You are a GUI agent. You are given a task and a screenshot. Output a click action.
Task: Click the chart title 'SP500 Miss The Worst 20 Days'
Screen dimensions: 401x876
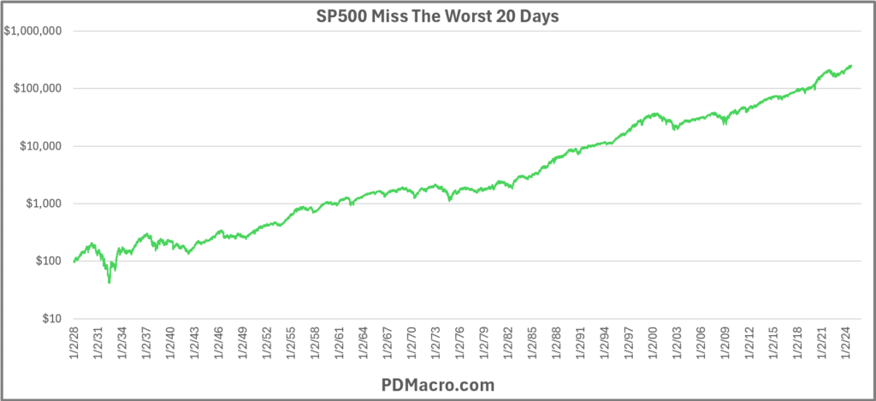click(437, 15)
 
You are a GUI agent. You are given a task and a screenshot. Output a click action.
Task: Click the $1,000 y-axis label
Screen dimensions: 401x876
click(45, 203)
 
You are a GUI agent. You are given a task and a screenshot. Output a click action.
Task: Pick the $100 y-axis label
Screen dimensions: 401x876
click(50, 261)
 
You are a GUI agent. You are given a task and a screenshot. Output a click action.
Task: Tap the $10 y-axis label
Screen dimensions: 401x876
click(53, 319)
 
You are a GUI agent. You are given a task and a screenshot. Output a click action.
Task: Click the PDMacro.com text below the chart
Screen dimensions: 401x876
click(438, 385)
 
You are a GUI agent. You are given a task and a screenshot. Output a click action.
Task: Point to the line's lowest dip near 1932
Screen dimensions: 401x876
click(109, 282)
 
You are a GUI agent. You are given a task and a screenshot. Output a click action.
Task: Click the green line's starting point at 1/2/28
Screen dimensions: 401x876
click(74, 261)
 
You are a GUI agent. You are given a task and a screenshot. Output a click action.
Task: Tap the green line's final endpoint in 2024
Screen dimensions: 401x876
click(851, 66)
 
